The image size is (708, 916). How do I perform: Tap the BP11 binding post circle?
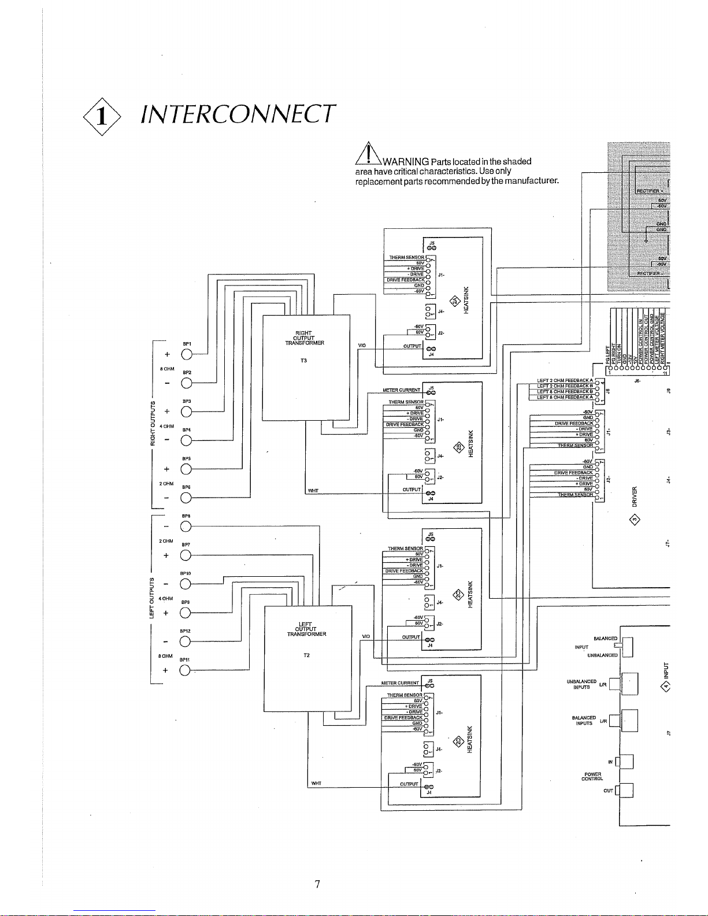pos(186,670)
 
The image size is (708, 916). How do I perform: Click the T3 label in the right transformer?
pos(304,361)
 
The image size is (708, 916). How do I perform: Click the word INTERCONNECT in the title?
pos(236,114)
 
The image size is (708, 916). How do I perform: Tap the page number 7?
pos(317,884)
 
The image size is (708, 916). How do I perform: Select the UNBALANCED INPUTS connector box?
pos(629,684)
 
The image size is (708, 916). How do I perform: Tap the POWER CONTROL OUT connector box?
pos(626,790)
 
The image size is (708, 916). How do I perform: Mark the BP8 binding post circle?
pos(186,526)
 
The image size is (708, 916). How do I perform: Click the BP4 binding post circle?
pos(186,440)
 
